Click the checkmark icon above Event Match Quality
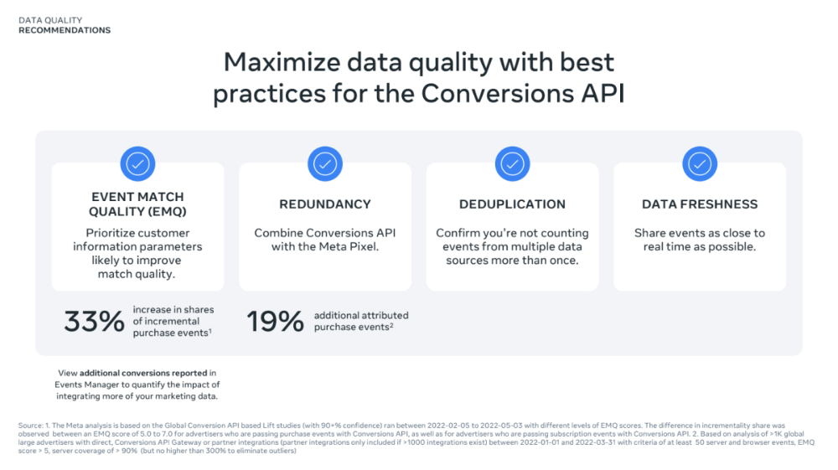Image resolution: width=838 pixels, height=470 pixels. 137,163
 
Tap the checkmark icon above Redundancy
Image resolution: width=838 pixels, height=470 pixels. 325,163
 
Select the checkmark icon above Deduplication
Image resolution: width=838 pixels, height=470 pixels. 513,163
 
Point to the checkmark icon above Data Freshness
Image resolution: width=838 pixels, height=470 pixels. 700,163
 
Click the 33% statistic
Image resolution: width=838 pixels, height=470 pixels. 94,322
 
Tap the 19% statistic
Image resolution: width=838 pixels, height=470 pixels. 275,322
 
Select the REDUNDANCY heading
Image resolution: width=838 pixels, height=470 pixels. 325,204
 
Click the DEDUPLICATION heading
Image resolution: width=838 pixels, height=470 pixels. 513,204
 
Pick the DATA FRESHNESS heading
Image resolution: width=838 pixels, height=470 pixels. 700,204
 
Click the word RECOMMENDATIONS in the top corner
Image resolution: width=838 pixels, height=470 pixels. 65,30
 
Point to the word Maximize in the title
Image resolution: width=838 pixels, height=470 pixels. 282,62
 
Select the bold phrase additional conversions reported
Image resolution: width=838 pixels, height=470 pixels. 143,373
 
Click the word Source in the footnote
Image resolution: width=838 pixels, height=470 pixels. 30,426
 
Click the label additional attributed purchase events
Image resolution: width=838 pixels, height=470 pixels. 361,321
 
